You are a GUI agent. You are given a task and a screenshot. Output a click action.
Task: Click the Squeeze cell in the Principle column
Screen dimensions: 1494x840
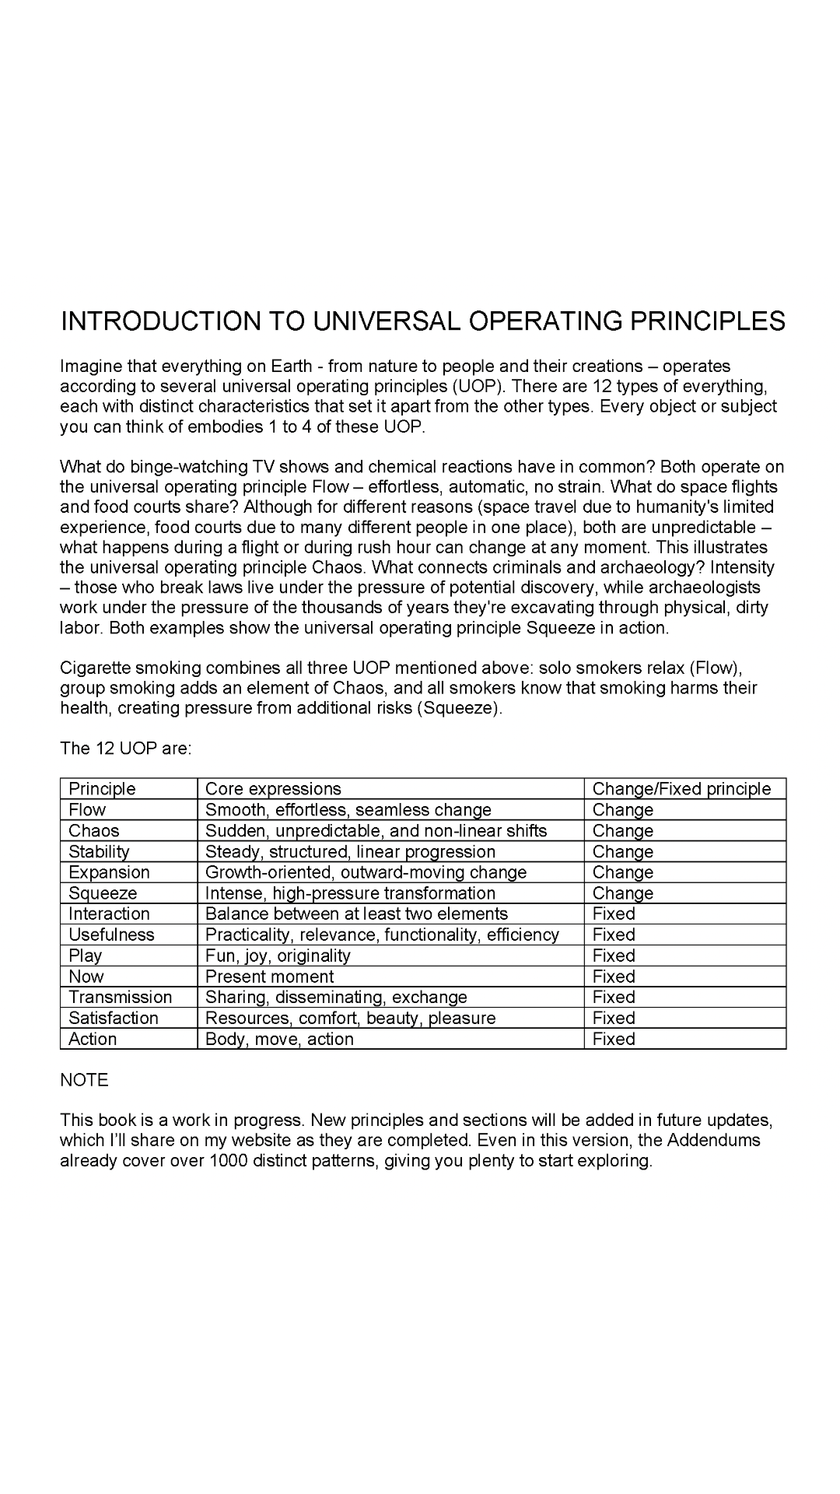click(103, 893)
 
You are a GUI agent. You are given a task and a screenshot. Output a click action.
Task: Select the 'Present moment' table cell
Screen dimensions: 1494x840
click(269, 977)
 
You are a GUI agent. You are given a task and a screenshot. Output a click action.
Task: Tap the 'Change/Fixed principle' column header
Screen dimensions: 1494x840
click(681, 789)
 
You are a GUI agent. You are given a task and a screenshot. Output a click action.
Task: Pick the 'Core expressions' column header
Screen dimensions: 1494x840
click(273, 789)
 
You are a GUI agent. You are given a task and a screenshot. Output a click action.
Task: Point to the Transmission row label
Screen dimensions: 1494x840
click(121, 998)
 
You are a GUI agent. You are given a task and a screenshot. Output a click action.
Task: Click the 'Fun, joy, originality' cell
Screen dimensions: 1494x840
click(278, 956)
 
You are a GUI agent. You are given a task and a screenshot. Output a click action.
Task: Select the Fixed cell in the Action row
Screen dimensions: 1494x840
click(614, 1039)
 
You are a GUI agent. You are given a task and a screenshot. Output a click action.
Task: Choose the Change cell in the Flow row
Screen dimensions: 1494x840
click(622, 810)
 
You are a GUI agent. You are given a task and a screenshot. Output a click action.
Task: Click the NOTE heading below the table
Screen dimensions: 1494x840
click(84, 1080)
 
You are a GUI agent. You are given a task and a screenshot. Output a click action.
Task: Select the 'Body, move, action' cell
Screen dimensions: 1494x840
click(279, 1039)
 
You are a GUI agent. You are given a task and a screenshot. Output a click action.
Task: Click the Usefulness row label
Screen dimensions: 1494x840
click(111, 935)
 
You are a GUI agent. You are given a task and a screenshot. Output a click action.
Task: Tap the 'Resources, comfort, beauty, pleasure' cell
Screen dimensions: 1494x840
click(350, 1018)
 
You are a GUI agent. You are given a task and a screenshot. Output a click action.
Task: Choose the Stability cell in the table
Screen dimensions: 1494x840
click(99, 852)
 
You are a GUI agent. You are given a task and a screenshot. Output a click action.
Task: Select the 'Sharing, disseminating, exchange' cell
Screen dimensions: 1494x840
click(336, 998)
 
